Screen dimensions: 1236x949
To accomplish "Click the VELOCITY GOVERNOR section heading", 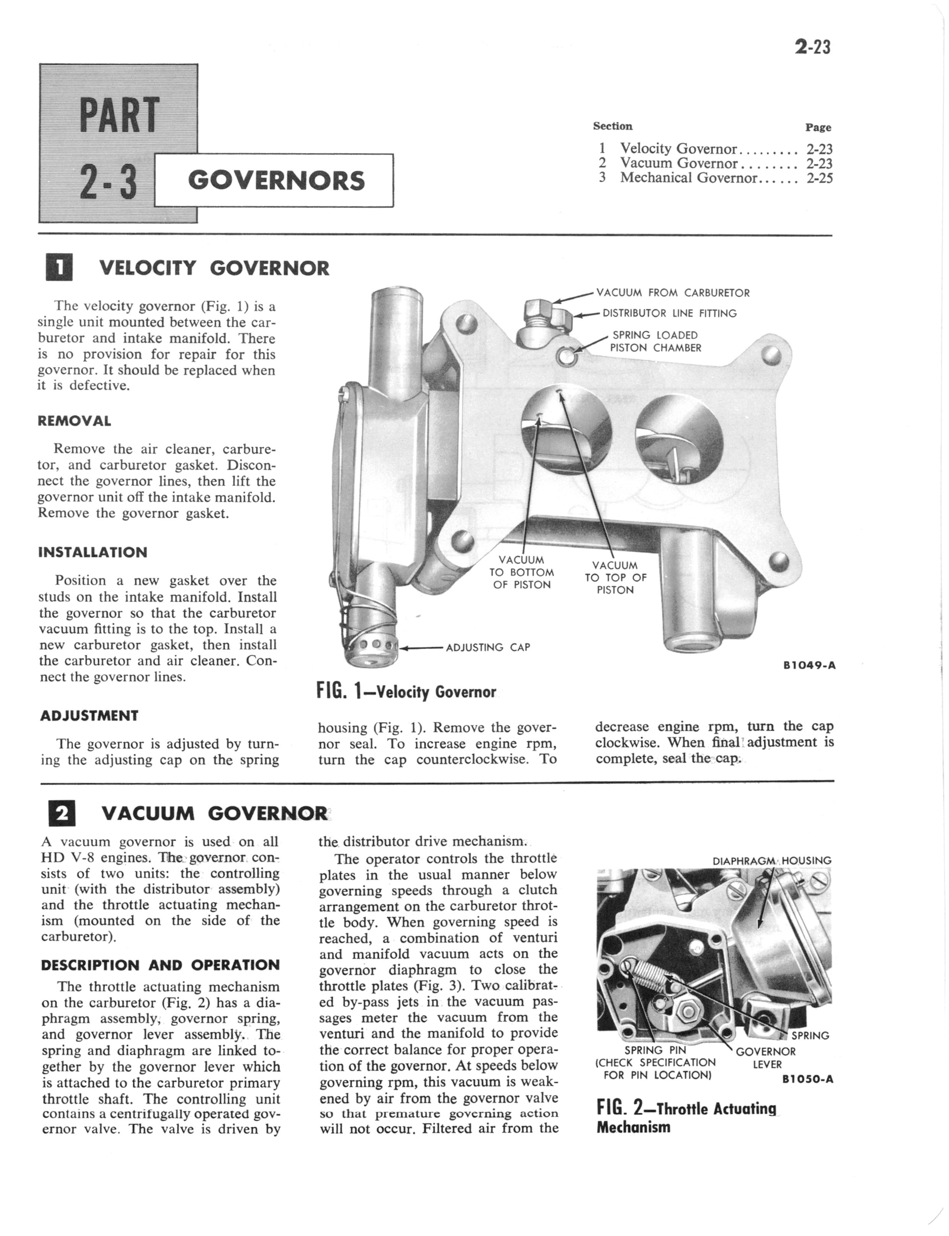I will (x=214, y=268).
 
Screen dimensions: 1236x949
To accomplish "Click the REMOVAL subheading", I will (x=74, y=421).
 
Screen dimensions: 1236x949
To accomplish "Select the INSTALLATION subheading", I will (x=93, y=552).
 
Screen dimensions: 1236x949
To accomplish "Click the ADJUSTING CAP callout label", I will (x=488, y=647).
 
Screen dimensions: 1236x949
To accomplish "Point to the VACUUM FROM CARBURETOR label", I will (x=673, y=292).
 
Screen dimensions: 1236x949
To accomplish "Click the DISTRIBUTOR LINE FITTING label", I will (x=669, y=313).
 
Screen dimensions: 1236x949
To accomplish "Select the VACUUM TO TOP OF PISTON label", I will (x=615, y=577).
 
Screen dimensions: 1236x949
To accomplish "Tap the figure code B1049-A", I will (x=809, y=665).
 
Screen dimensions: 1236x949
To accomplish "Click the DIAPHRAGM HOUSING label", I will (x=771, y=861).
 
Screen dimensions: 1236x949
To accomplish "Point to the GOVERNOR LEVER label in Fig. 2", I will (x=766, y=1058).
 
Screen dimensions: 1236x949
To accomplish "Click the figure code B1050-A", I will (x=808, y=1079).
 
